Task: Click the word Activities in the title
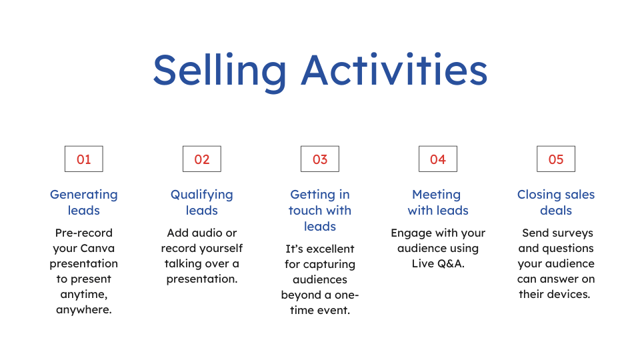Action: tap(394, 69)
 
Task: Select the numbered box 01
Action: tap(84, 159)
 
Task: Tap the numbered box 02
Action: tap(201, 159)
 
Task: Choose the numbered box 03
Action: tap(320, 159)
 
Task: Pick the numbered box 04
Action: tap(438, 159)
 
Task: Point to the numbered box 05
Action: tap(556, 159)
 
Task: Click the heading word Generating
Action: tap(84, 195)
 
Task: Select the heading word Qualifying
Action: tap(201, 195)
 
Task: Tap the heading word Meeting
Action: tap(436, 195)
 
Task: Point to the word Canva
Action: tap(97, 248)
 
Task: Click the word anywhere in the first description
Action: tap(84, 310)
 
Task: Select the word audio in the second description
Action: tap(206, 233)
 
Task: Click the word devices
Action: tap(570, 294)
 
